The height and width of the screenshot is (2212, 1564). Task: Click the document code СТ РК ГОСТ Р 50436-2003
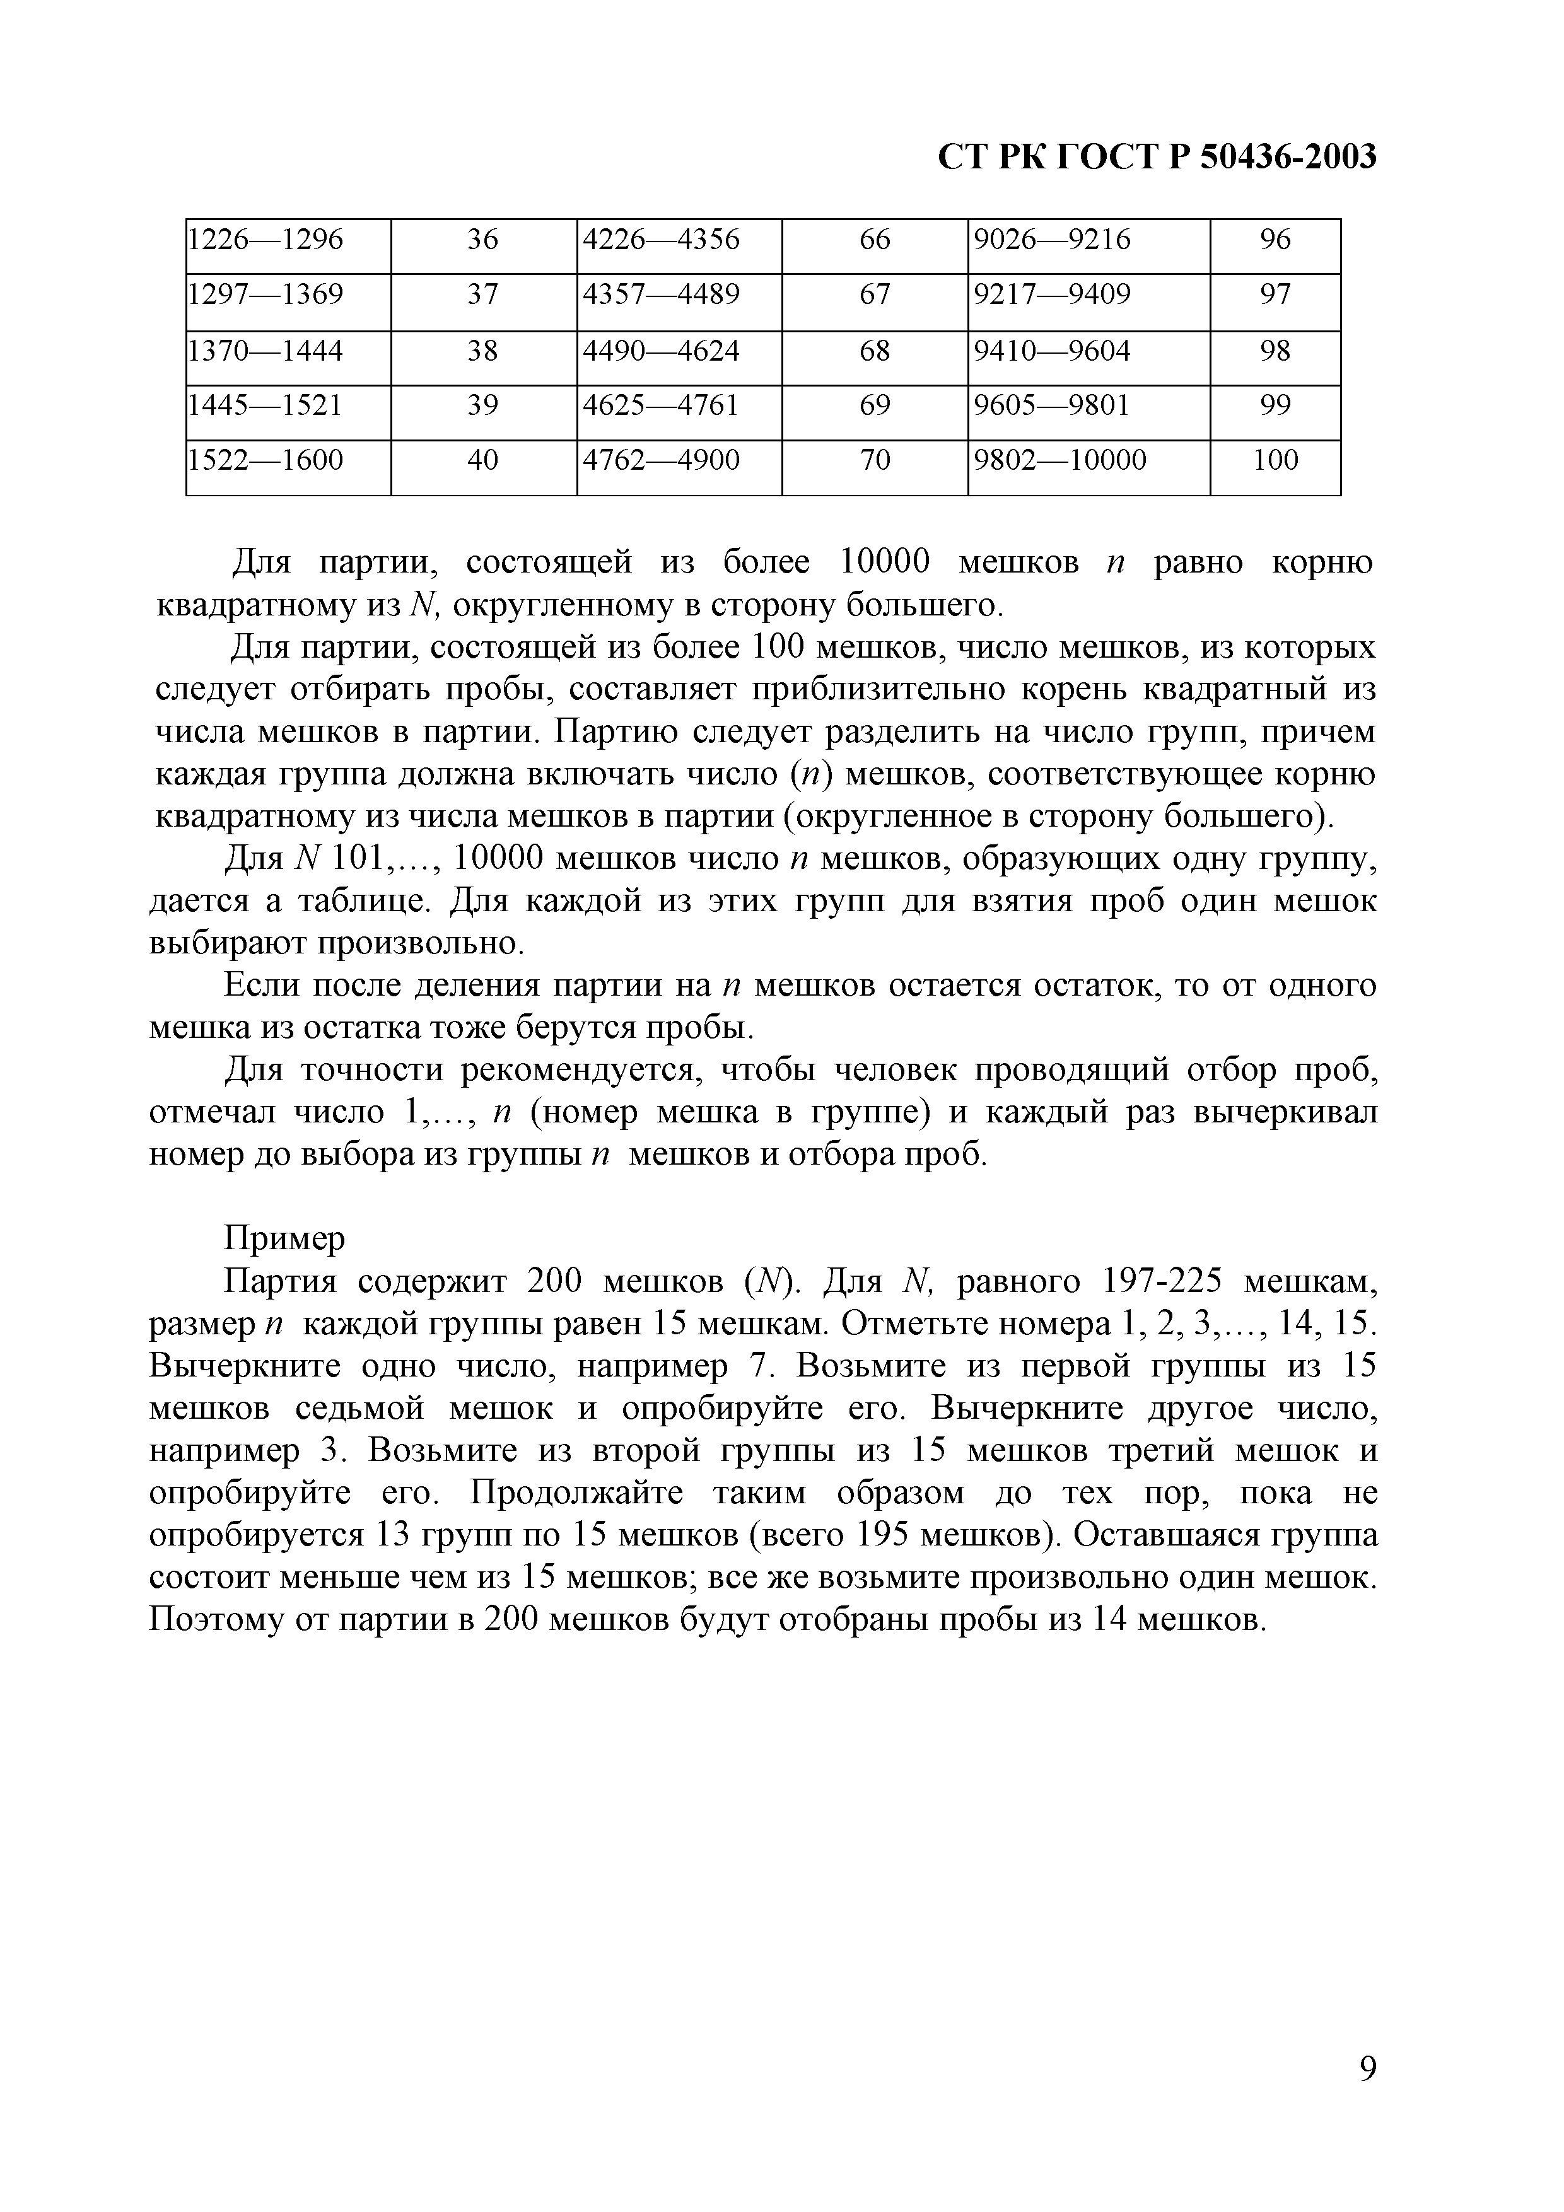(x=1157, y=156)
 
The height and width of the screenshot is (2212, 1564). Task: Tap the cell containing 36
(x=483, y=240)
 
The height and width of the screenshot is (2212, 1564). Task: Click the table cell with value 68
(x=874, y=351)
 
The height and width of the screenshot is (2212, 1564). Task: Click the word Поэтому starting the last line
(x=210, y=1621)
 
